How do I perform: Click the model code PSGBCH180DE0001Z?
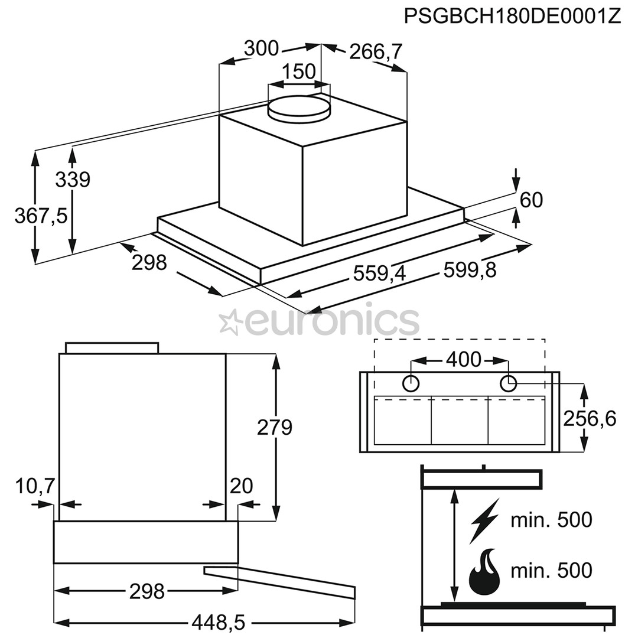(x=512, y=15)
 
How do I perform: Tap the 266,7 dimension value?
(x=376, y=52)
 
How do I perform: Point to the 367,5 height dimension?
(x=41, y=216)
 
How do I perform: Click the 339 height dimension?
(x=73, y=179)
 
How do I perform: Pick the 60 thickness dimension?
(x=531, y=200)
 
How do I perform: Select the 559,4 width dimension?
(x=381, y=273)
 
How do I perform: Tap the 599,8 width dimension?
(x=470, y=270)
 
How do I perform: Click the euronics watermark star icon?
(x=230, y=322)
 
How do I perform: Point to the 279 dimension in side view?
(x=275, y=427)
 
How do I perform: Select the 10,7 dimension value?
(x=35, y=486)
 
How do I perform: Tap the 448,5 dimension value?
(x=218, y=622)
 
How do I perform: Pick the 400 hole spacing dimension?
(x=464, y=359)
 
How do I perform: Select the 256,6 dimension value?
(x=589, y=418)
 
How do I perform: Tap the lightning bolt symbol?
(x=484, y=520)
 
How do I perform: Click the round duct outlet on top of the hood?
(x=298, y=108)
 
